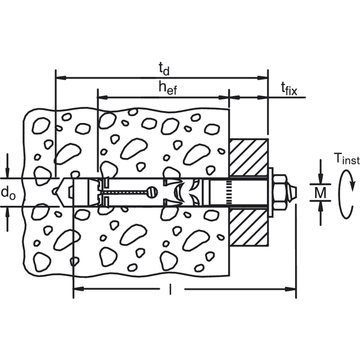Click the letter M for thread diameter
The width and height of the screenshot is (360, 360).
(321, 193)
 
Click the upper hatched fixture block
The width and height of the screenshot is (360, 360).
(248, 157)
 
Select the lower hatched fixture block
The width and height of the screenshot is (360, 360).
(248, 227)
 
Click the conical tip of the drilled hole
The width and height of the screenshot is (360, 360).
(58, 192)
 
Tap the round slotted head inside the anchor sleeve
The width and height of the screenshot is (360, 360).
(152, 192)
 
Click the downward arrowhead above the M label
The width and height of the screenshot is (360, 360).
(321, 180)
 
